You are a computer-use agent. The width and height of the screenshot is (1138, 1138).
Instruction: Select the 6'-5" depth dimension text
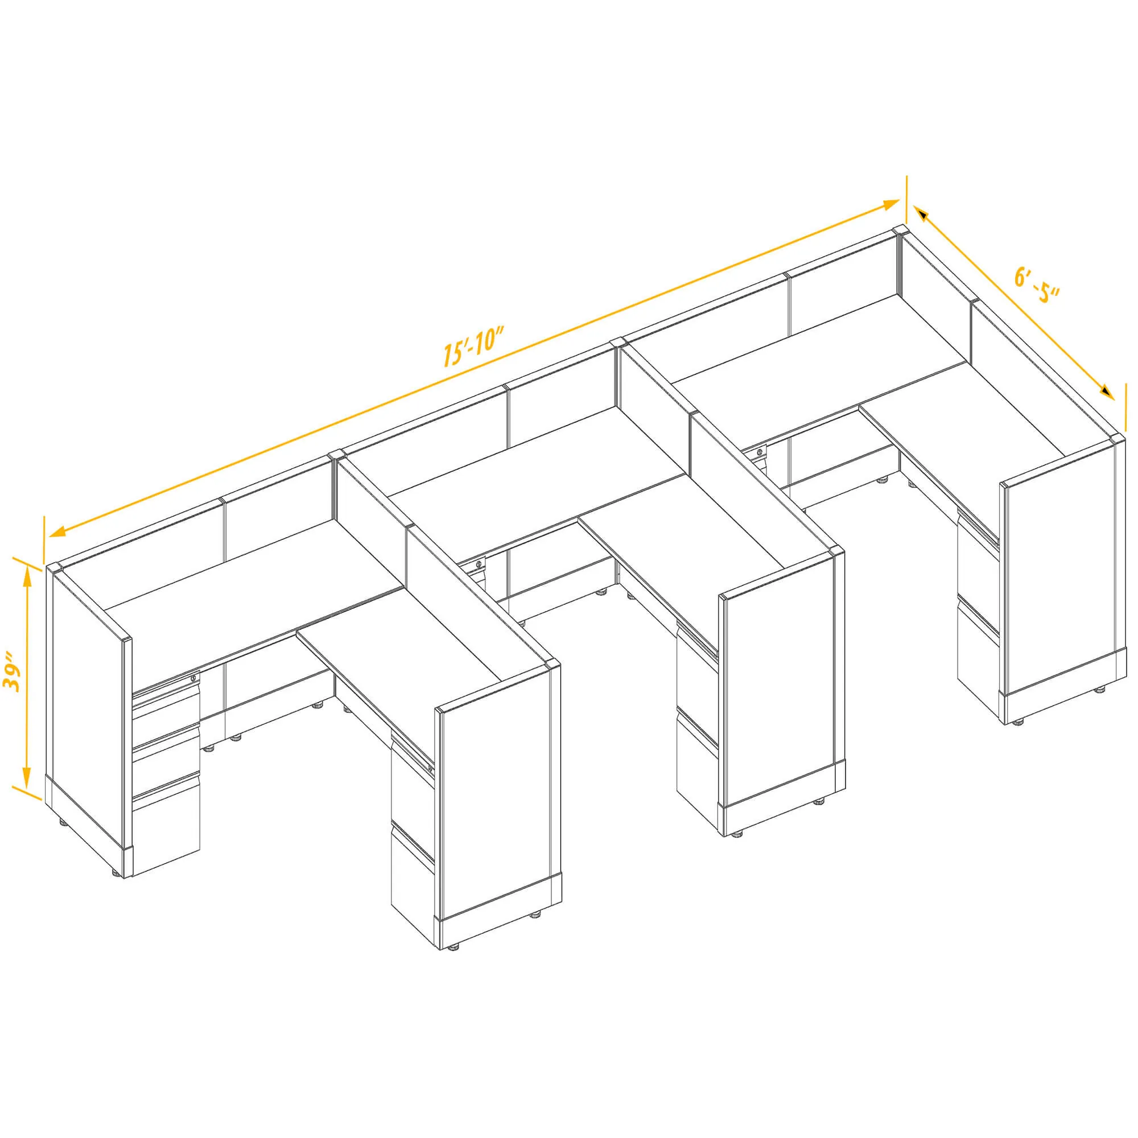point(1037,285)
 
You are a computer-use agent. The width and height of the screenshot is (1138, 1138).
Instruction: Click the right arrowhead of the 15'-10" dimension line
point(890,204)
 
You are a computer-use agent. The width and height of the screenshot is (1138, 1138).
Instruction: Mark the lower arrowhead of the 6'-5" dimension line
point(1106,391)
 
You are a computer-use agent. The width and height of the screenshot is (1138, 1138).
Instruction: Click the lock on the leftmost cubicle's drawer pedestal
point(194,679)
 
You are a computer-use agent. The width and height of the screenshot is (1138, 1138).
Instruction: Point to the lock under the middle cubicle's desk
point(477,565)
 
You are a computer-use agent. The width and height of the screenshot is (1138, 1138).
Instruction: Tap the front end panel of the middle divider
point(782,683)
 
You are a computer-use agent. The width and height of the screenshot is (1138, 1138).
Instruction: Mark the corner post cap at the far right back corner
point(900,230)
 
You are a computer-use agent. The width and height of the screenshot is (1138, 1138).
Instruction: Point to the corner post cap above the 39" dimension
point(54,568)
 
